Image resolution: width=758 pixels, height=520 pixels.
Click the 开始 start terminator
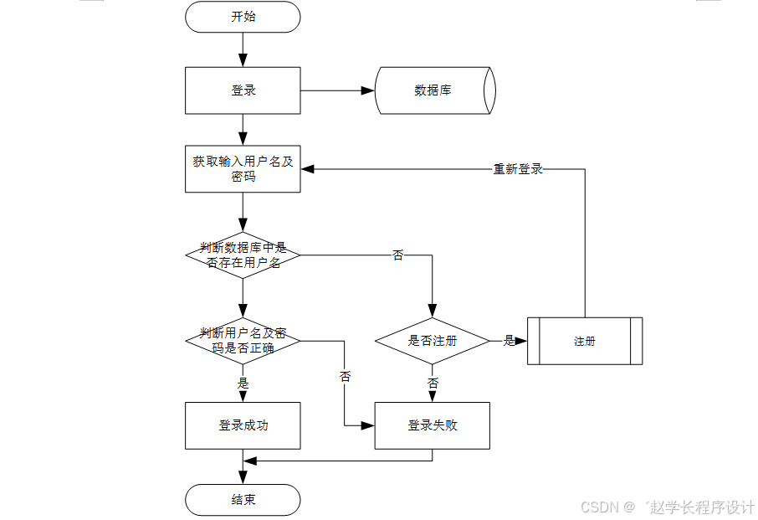(243, 17)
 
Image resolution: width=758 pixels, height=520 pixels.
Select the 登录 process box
(243, 90)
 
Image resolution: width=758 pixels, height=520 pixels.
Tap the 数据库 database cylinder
(433, 90)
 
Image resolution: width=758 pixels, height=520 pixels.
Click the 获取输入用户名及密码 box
(243, 169)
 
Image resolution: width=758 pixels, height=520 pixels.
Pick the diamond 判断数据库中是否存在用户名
(243, 255)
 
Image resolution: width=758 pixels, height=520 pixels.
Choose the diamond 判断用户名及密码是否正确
(243, 341)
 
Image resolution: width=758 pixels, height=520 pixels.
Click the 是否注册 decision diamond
(432, 341)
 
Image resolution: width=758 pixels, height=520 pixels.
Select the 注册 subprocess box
(585, 341)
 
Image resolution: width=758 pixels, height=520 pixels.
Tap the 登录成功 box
(243, 425)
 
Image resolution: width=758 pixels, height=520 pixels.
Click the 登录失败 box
(432, 425)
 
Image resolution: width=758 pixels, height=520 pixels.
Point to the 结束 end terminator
(243, 500)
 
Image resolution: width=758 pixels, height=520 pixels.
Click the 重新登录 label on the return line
(518, 169)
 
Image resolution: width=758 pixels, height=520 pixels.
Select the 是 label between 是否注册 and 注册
(509, 341)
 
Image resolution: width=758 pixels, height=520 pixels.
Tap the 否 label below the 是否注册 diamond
(433, 383)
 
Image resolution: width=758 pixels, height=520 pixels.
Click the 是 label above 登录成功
(243, 383)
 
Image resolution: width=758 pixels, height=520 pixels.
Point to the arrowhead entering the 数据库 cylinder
(367, 90)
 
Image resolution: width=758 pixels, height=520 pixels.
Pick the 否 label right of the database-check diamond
(397, 255)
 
